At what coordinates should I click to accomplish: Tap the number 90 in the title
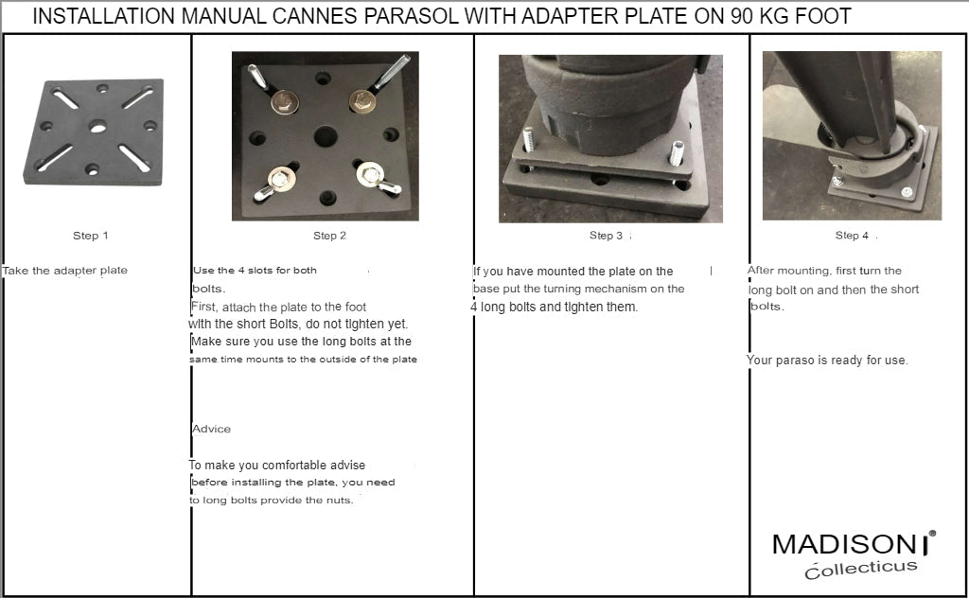742,15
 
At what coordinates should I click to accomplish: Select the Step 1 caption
90,236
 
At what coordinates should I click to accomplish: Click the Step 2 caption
329,236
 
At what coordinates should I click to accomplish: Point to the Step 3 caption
606,236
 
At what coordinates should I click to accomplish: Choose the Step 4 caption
852,236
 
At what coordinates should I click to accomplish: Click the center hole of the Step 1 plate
97,127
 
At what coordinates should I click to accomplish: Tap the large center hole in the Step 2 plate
326,136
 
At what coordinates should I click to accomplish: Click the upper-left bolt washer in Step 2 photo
284,101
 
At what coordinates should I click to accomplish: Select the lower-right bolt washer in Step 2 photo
370,174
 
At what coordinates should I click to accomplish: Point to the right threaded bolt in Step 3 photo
676,152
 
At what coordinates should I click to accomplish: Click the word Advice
211,429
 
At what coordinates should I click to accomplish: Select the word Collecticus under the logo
861,569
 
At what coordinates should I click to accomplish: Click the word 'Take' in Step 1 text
15,271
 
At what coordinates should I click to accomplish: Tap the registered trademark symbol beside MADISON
932,533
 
